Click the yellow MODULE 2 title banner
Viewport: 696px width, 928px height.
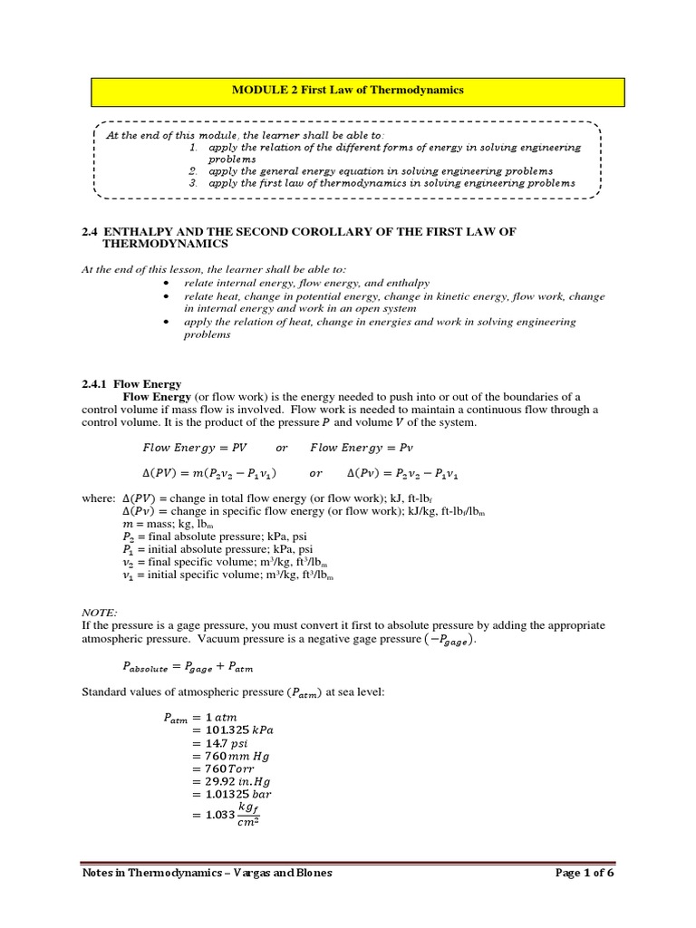click(x=348, y=91)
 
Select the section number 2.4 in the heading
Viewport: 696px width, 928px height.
click(x=91, y=232)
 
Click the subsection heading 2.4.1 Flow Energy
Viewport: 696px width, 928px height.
click(x=131, y=384)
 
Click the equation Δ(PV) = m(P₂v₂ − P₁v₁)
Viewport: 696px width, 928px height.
click(x=210, y=473)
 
